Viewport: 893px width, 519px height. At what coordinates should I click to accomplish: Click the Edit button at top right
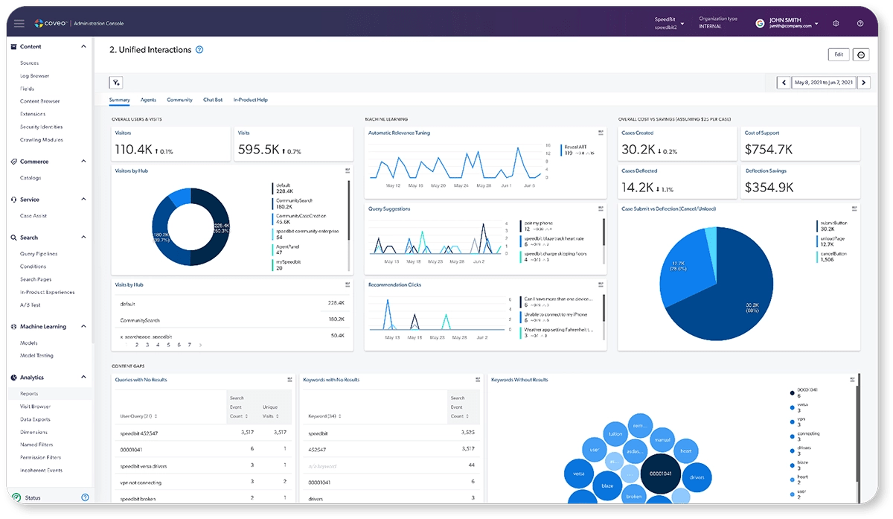pos(838,54)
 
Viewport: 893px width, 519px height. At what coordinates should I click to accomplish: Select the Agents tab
pos(148,100)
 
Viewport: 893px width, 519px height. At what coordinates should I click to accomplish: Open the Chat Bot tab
pos(213,100)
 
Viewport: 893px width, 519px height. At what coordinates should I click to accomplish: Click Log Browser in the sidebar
pos(34,76)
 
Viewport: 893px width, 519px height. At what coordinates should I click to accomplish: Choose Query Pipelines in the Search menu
pos(39,254)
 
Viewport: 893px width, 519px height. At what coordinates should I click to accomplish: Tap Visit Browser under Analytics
pos(36,407)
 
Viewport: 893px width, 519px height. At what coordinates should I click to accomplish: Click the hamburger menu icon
pos(19,24)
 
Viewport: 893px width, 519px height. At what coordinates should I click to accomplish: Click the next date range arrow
pos(863,83)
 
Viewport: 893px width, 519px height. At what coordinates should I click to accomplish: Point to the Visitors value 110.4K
pos(133,150)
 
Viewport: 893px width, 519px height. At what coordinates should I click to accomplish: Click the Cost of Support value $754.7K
pos(769,150)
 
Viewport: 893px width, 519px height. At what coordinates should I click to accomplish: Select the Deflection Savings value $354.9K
pos(769,188)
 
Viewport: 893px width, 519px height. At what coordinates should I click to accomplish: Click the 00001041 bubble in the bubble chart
pos(661,474)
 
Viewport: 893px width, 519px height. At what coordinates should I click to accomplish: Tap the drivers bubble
pos(697,477)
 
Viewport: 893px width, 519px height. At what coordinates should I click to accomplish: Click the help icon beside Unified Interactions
pos(199,50)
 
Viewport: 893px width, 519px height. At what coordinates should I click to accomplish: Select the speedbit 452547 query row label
pos(138,433)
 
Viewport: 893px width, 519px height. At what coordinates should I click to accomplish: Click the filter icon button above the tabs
pos(116,83)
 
